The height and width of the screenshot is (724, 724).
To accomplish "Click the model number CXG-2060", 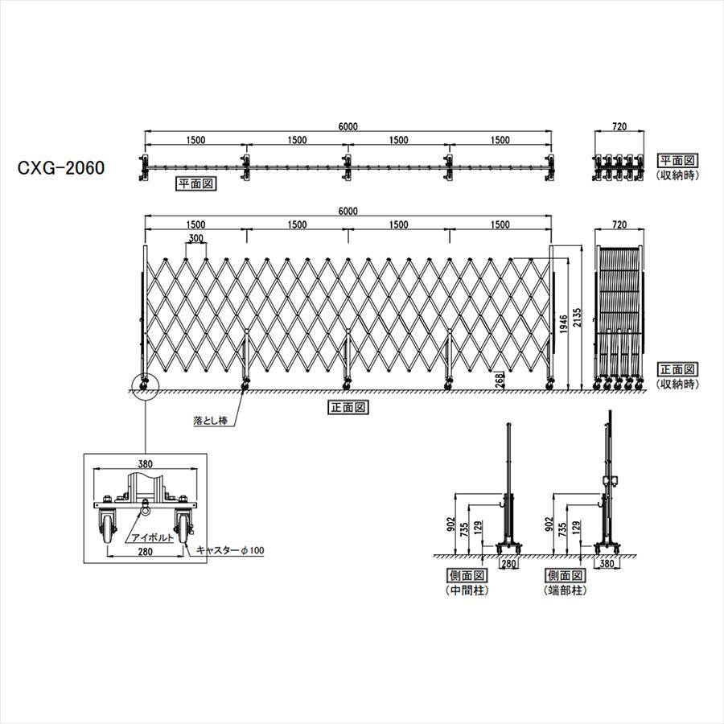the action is click(61, 167).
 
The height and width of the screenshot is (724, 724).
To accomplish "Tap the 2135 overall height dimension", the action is click(576, 318).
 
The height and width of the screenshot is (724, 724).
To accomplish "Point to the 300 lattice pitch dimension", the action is click(195, 239).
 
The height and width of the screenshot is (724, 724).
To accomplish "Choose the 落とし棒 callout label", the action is click(211, 421).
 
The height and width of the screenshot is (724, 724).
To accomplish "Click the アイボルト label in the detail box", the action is click(152, 537).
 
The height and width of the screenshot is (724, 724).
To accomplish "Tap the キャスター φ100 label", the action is click(230, 550).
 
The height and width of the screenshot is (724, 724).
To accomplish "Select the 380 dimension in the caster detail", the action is click(145, 464).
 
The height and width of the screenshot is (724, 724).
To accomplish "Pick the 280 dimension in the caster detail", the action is click(145, 551).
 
